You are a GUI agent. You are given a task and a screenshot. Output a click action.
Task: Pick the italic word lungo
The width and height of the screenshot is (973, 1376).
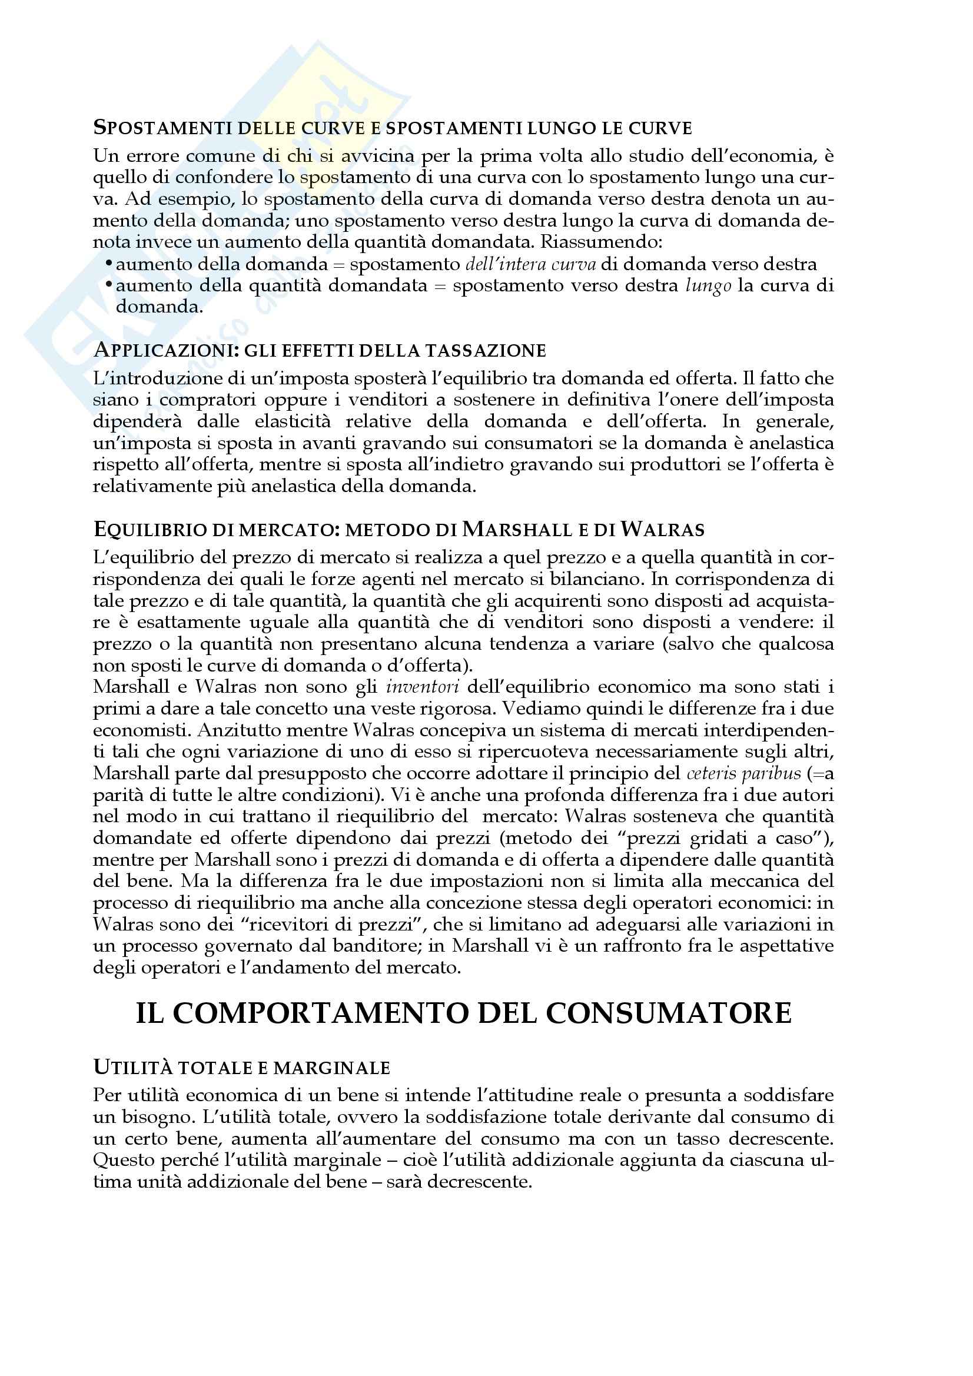tap(708, 286)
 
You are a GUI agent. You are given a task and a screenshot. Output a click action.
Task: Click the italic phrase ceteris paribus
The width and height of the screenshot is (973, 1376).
tap(743, 774)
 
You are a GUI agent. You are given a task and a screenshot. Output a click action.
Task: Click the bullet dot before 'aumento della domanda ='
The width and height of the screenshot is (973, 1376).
tap(108, 264)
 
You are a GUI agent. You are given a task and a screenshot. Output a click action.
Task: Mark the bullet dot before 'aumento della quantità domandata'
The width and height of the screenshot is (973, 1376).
tap(108, 285)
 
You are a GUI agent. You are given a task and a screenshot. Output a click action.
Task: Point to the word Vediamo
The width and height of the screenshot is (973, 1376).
tap(541, 709)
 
